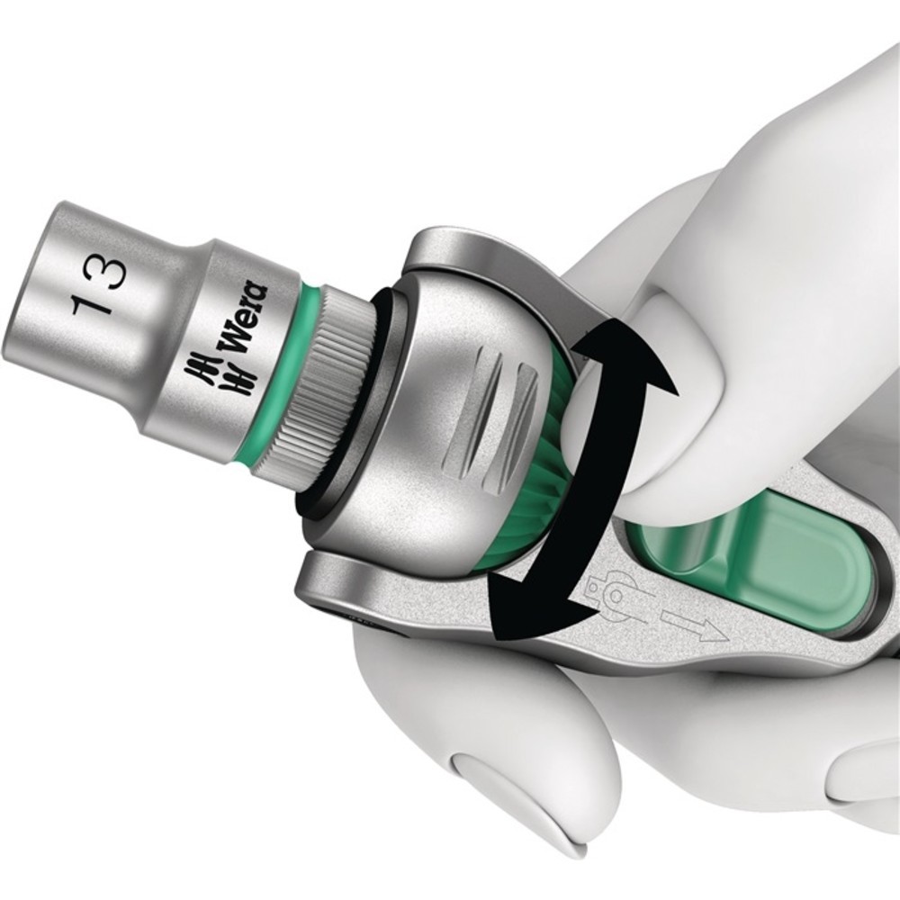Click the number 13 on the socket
(x=97, y=286)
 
